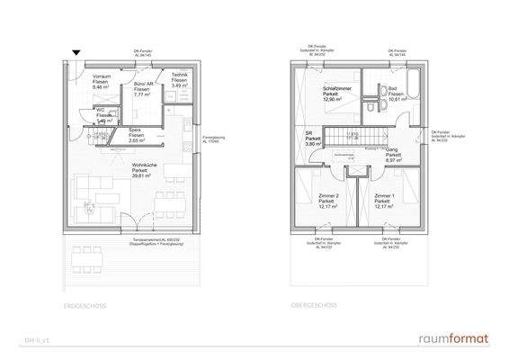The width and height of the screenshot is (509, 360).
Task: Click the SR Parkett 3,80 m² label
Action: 313,139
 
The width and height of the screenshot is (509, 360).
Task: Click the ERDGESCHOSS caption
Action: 86,307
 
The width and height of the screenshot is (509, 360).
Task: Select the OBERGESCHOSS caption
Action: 312,307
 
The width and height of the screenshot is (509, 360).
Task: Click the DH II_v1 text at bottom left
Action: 36,341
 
